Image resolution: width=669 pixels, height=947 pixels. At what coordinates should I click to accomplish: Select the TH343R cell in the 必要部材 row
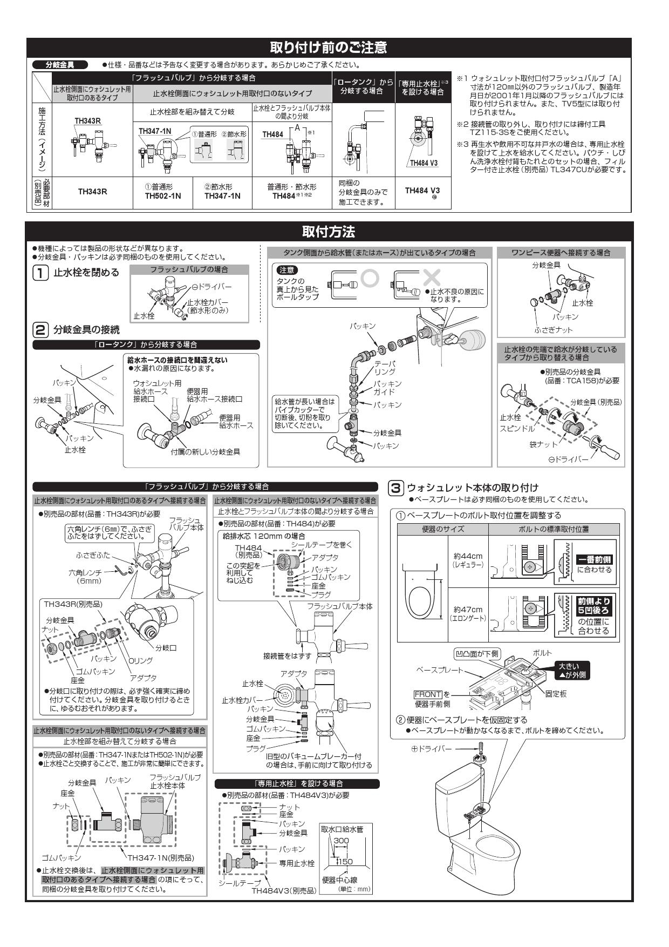click(x=92, y=191)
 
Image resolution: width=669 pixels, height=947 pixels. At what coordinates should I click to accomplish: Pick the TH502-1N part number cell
click(x=162, y=196)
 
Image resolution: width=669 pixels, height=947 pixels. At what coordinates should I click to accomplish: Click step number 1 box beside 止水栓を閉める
click(x=40, y=273)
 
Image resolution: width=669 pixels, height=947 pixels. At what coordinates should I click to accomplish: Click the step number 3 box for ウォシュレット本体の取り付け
click(x=395, y=488)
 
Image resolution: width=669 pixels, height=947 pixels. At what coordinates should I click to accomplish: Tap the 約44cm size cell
click(x=468, y=559)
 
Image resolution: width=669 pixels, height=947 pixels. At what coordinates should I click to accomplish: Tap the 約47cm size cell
click(x=468, y=613)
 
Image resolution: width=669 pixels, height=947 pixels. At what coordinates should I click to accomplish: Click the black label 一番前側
click(x=595, y=560)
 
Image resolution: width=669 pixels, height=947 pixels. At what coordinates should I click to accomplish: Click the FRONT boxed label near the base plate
click(x=428, y=694)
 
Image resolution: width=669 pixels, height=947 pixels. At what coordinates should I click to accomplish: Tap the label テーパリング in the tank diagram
click(x=385, y=368)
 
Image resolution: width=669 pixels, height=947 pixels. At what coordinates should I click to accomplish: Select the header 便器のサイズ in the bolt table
click(x=442, y=529)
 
